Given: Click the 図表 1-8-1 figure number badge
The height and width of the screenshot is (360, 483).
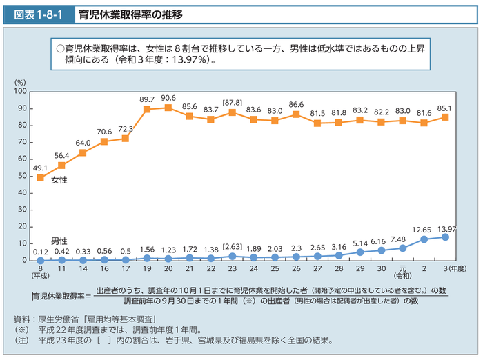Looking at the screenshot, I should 34,13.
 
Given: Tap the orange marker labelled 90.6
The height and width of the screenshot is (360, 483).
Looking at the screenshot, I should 168,108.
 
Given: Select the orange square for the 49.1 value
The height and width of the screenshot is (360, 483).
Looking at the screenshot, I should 40,178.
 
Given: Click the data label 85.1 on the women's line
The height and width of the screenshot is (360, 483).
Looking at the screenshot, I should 445,108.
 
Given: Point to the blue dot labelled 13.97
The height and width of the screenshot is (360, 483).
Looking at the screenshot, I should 445,237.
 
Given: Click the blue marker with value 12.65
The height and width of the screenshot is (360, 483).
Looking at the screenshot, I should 424,239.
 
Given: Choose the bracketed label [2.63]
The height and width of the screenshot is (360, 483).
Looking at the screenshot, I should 232,247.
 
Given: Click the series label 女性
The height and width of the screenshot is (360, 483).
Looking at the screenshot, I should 60,180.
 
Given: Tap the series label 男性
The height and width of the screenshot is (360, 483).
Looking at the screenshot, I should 60,241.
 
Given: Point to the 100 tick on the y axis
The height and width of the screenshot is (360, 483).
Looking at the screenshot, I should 20,92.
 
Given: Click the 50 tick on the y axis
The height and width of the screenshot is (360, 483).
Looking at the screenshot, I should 22,176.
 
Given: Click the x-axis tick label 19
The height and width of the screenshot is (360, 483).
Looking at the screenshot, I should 147,268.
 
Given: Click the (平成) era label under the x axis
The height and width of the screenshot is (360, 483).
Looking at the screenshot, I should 40,275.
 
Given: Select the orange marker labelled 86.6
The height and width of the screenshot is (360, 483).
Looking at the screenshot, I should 296,114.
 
